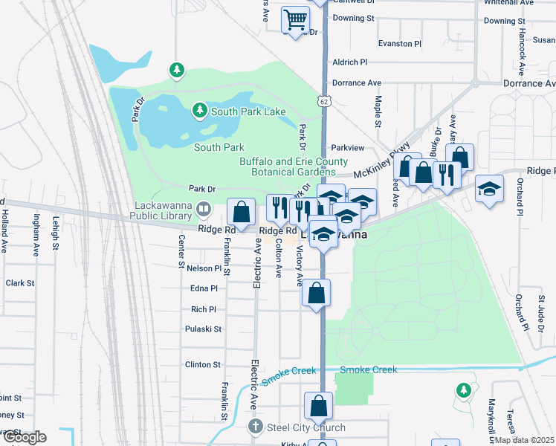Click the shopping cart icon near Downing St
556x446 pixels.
tap(296, 19)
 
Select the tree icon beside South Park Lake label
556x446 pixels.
tap(199, 111)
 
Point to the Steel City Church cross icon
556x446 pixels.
tap(255, 427)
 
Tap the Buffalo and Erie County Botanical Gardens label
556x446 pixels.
tap(293, 167)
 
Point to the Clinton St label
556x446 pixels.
tap(203, 364)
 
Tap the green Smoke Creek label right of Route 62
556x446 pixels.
tap(369, 369)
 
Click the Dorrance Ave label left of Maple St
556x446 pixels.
tap(356, 83)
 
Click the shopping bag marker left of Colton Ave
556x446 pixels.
tap(242, 213)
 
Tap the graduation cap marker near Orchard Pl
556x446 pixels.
tap(489, 189)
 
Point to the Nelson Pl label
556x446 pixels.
tap(204, 268)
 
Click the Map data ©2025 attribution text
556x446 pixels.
tap(525, 439)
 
